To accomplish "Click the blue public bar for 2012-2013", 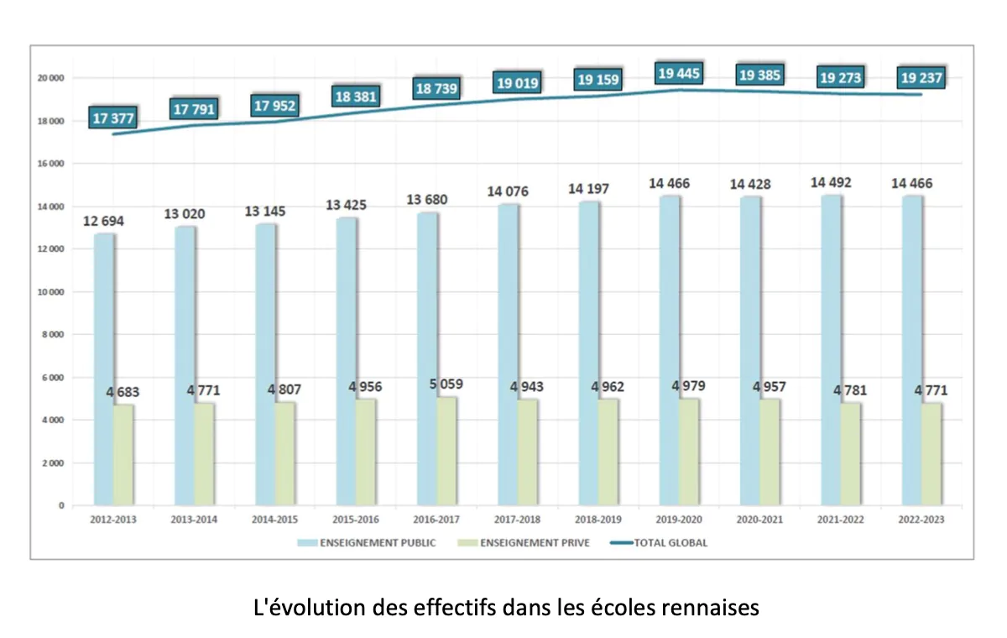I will pos(103,369).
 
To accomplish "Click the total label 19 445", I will pos(680,75).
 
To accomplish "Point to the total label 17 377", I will pos(113,118).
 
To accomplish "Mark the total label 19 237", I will pos(921,79).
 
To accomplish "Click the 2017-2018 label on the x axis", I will pos(517,520).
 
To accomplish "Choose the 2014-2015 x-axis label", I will pos(275,520).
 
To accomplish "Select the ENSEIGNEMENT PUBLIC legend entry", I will pos(367,542).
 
